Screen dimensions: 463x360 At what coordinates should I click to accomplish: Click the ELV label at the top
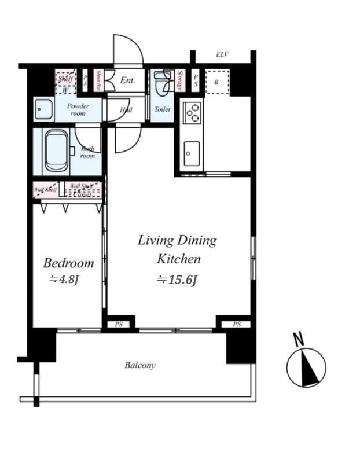tap(222, 54)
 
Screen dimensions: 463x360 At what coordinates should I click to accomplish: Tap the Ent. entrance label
tap(127, 81)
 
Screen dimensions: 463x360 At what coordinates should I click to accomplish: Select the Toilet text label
tap(162, 109)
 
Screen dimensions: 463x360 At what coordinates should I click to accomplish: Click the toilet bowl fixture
tap(162, 83)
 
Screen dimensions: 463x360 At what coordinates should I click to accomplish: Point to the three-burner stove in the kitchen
tap(192, 112)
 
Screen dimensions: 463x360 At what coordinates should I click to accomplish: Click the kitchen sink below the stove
tap(191, 153)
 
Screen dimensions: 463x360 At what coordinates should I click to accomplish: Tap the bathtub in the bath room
tap(56, 150)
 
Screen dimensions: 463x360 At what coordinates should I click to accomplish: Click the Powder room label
tap(78, 109)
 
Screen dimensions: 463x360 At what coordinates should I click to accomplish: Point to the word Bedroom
tap(68, 263)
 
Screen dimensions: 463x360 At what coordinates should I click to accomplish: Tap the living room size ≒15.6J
tap(177, 280)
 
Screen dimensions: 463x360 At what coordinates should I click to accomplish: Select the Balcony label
tap(139, 365)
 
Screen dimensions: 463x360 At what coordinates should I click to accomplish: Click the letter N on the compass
tap(299, 340)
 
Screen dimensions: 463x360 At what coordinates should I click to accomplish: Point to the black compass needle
tap(308, 371)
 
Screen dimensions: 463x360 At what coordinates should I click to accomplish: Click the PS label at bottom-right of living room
tap(237, 325)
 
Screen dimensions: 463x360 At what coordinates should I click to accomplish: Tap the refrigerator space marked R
tap(216, 82)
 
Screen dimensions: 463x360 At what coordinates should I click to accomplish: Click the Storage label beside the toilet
tap(180, 81)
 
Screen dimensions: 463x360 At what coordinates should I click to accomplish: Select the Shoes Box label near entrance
tap(99, 81)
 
